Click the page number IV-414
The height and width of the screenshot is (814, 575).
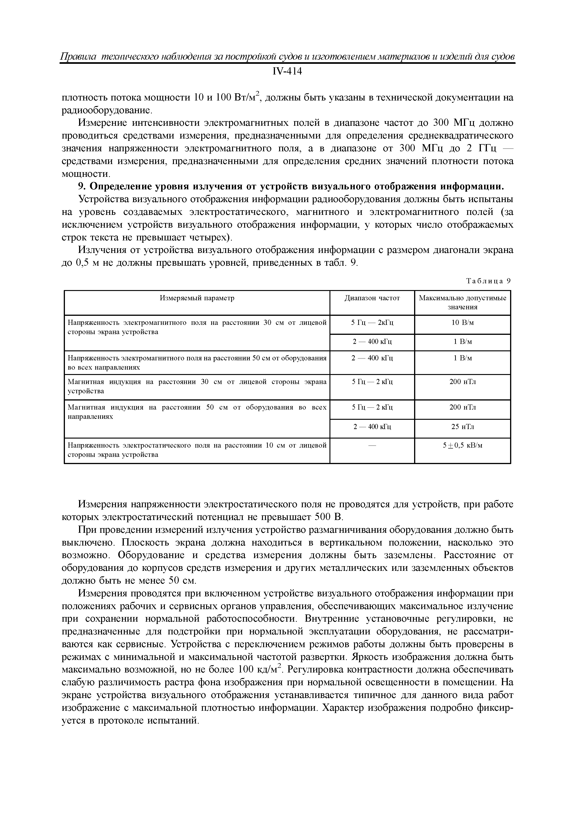287,72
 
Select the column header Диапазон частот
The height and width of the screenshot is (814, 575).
372,298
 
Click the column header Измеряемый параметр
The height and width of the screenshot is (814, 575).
197,298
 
